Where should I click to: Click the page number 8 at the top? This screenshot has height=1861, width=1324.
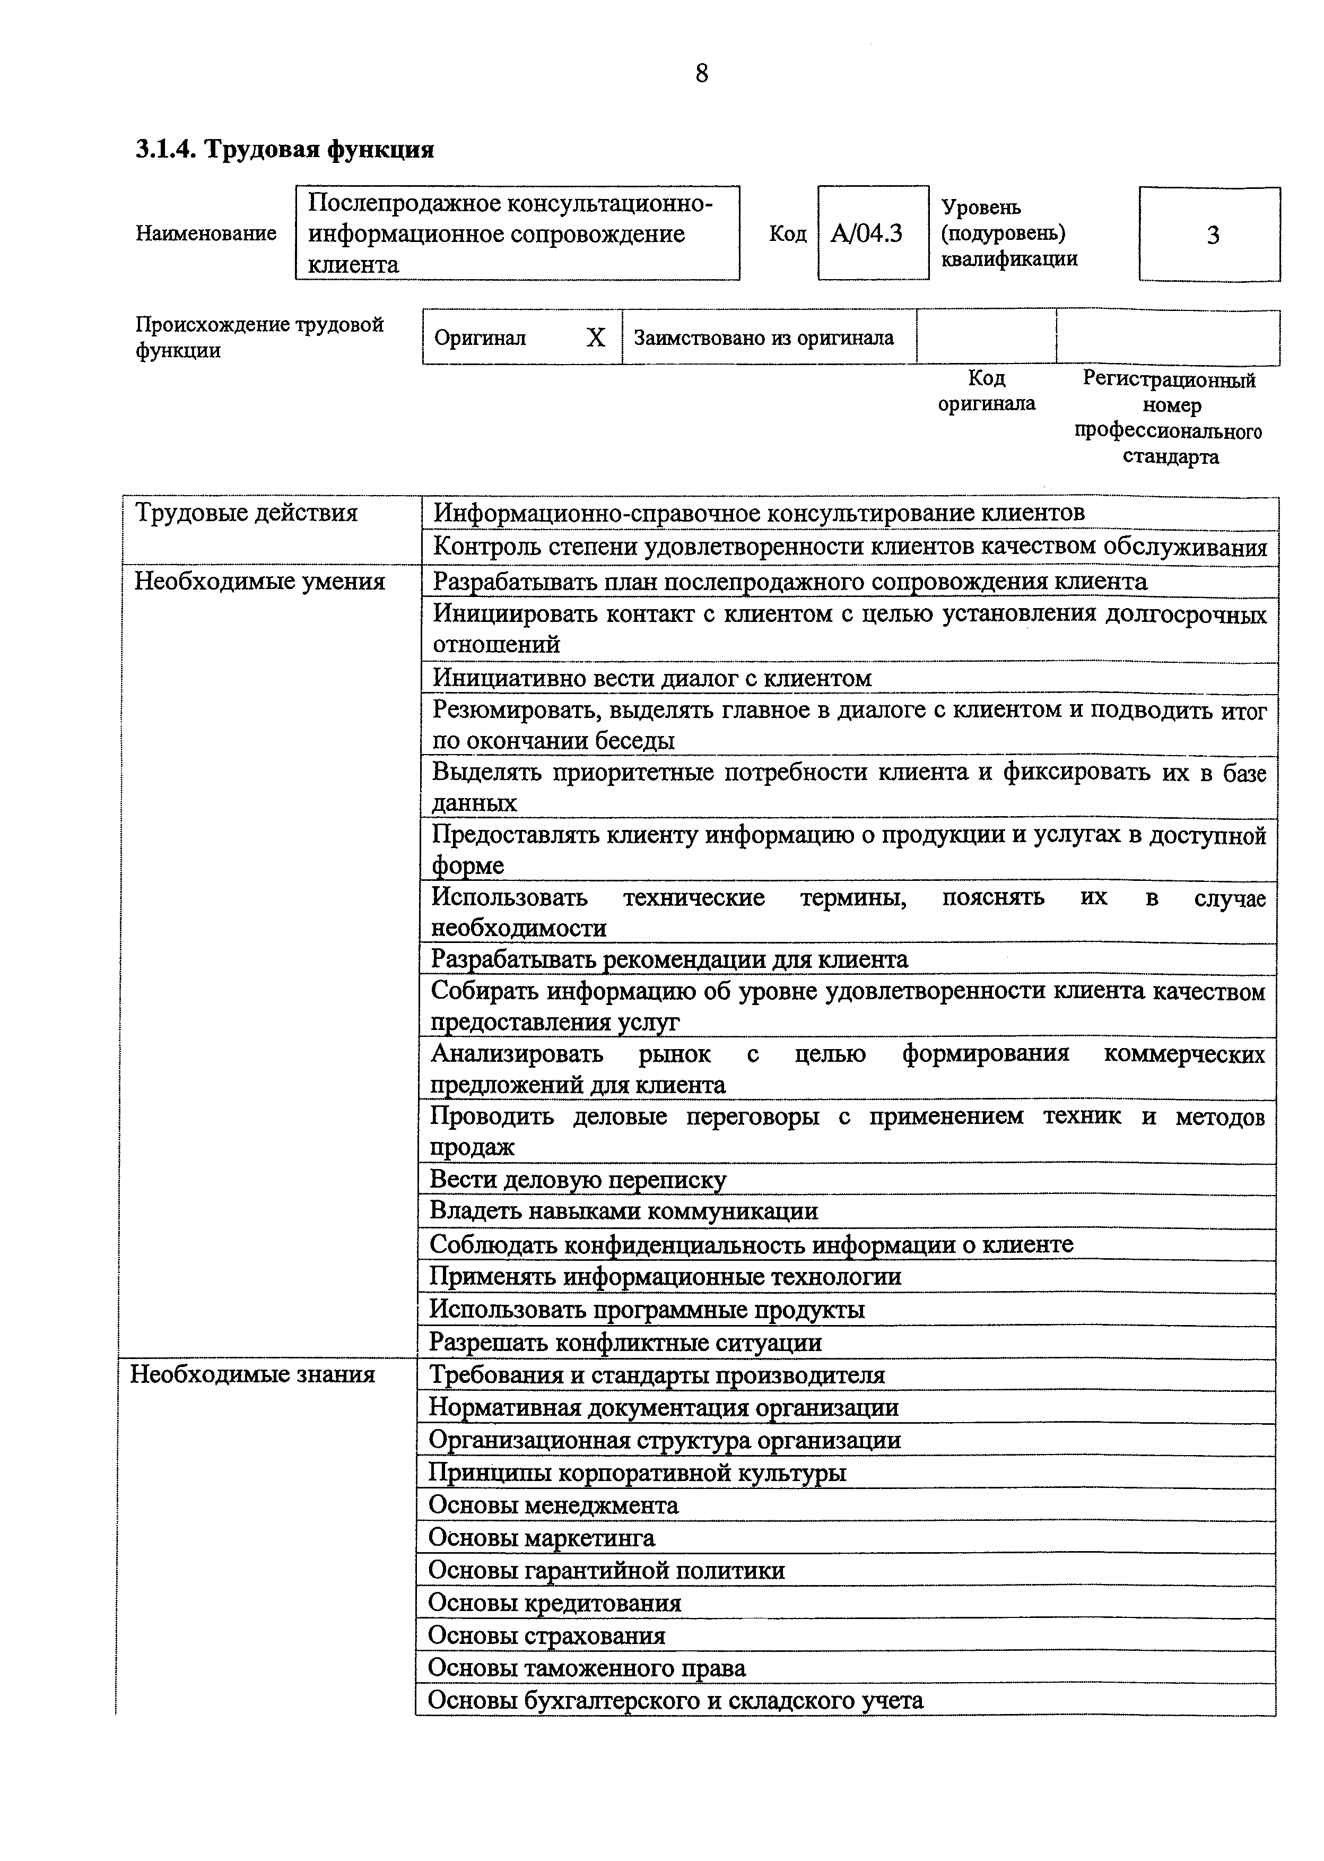[x=701, y=74]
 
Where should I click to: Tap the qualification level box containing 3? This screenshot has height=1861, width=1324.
[x=1210, y=236]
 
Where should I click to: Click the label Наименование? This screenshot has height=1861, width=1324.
[x=205, y=234]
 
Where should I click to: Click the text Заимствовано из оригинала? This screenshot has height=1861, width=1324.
[x=763, y=337]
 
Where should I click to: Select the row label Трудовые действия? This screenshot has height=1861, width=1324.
[x=246, y=513]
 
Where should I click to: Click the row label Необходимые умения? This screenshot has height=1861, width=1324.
[x=259, y=582]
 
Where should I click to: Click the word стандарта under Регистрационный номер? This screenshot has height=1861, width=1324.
[x=1170, y=457]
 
